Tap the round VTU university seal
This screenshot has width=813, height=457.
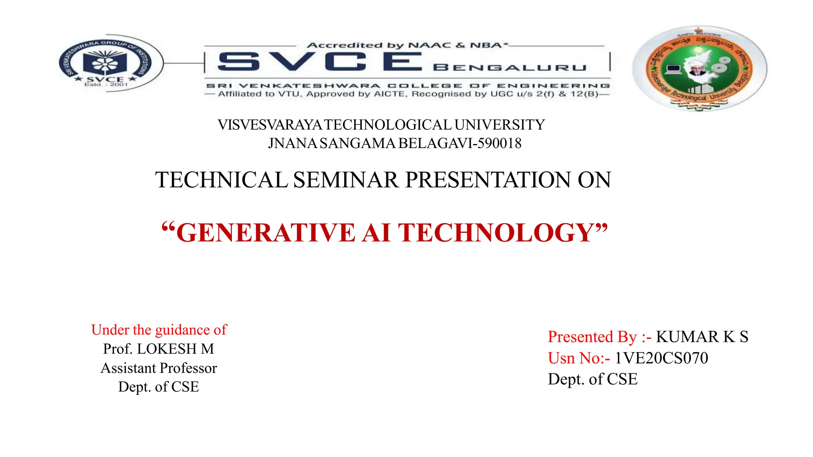click(699, 68)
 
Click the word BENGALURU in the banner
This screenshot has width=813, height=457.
click(510, 68)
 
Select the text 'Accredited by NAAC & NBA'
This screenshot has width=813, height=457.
click(407, 45)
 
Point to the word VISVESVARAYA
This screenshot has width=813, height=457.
click(270, 125)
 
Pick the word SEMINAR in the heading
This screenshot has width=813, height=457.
click(346, 180)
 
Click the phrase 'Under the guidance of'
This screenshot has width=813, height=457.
click(159, 330)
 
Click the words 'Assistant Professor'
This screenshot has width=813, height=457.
click(159, 368)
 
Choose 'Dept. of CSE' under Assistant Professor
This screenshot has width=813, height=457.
click(159, 387)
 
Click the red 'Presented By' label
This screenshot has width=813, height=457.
click(592, 337)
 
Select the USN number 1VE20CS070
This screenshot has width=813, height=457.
click(661, 358)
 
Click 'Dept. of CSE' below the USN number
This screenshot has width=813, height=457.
click(593, 379)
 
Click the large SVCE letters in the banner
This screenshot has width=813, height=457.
click(320, 62)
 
